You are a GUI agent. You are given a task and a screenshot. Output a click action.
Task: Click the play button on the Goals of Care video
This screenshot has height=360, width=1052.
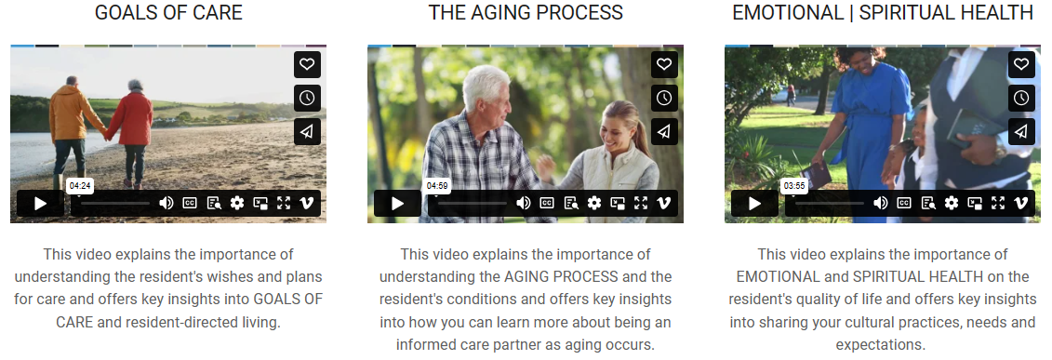click(x=40, y=203)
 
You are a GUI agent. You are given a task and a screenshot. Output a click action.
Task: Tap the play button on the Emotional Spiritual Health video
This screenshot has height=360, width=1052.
click(x=754, y=203)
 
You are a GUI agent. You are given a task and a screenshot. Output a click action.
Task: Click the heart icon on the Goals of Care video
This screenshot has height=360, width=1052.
click(x=307, y=64)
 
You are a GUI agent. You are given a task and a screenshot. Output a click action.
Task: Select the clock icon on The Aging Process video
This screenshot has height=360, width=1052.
click(x=664, y=98)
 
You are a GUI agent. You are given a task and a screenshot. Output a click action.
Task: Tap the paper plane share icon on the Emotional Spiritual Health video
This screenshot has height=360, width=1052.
click(x=1021, y=131)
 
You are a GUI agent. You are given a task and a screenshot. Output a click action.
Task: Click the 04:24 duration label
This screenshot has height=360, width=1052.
click(x=80, y=186)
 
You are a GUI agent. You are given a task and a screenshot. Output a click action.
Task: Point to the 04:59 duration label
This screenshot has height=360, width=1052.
click(x=437, y=186)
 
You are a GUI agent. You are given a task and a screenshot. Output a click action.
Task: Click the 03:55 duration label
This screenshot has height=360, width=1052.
click(x=794, y=186)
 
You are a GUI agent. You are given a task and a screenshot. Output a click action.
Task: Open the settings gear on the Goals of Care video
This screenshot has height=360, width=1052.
click(x=237, y=203)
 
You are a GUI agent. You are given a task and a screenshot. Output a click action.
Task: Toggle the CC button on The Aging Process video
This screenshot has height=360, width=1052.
click(x=547, y=203)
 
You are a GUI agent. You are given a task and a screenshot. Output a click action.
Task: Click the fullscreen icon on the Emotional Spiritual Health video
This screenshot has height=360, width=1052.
click(x=998, y=203)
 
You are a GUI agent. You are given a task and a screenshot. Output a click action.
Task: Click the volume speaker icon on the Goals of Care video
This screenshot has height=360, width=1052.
click(x=166, y=203)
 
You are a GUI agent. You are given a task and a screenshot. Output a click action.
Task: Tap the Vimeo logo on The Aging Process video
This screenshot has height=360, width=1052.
click(x=663, y=203)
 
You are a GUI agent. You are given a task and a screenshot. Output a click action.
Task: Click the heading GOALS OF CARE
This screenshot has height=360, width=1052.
click(x=168, y=13)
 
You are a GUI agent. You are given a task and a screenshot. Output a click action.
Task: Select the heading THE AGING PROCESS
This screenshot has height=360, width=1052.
click(x=526, y=13)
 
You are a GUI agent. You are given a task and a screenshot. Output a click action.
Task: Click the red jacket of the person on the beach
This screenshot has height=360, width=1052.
click(x=132, y=119)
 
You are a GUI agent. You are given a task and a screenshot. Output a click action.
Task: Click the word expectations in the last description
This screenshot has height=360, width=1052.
click(x=880, y=345)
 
